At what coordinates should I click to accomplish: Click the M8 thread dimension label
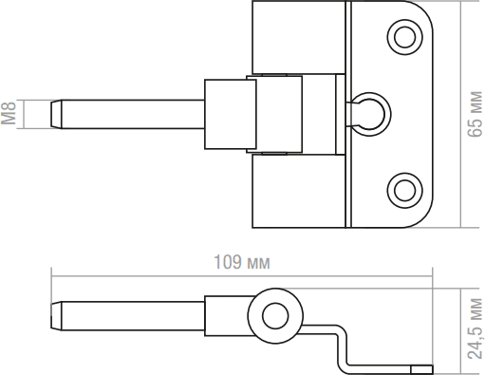click(9, 113)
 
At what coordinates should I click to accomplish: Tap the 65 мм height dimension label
click(475, 114)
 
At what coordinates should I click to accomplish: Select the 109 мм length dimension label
click(242, 262)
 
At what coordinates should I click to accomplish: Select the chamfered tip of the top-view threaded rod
click(56, 114)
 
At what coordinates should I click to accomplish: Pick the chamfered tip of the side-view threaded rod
click(56, 316)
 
